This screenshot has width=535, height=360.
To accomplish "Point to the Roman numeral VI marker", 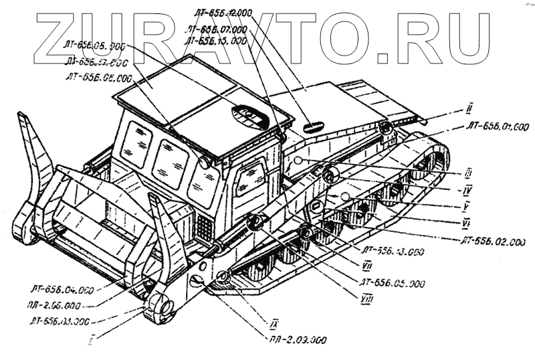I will [465, 221].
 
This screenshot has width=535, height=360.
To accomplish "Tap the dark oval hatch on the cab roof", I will [251, 116].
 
